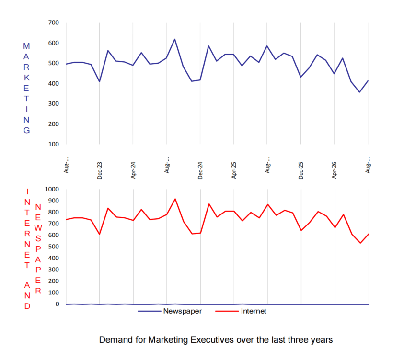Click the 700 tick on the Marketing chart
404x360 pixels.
click(x=54, y=22)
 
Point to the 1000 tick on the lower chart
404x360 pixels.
click(x=52, y=189)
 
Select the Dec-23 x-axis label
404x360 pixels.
click(x=100, y=170)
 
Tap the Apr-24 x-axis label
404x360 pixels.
click(x=133, y=170)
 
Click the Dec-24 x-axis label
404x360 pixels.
click(x=200, y=170)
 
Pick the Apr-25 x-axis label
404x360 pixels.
click(x=234, y=170)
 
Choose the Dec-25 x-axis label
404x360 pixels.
click(x=300, y=170)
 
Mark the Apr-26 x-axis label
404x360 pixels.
click(x=334, y=170)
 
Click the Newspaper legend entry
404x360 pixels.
click(x=170, y=311)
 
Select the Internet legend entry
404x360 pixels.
click(x=241, y=311)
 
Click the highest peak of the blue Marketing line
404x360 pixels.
click(x=175, y=39)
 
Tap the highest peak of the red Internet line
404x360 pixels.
click(x=175, y=199)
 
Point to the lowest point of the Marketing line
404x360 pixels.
click(x=360, y=92)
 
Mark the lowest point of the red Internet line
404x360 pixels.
click(x=360, y=243)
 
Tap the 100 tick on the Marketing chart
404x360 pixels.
click(x=54, y=144)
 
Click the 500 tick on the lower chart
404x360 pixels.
click(x=54, y=247)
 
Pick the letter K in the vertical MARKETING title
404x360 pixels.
click(x=26, y=78)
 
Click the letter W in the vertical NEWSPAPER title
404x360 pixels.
click(x=38, y=228)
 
